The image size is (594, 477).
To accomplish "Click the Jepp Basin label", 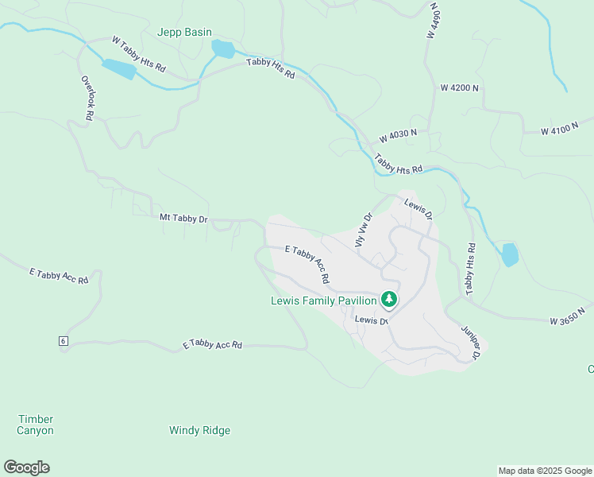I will [x=184, y=33].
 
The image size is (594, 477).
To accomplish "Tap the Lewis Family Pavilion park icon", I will [x=388, y=300].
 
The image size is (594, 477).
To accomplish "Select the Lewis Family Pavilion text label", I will [x=323, y=301].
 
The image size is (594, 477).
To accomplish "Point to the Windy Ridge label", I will [x=199, y=430].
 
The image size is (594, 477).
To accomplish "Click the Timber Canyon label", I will [x=35, y=425].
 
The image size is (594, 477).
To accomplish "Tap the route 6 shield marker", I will [x=62, y=341].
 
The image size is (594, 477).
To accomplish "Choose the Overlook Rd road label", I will [x=87, y=98].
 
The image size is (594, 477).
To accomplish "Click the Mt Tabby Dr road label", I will [x=183, y=217].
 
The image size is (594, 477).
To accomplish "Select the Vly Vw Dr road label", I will [x=363, y=229].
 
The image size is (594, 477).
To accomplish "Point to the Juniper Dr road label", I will [x=469, y=342].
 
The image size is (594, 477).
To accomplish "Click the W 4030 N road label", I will [x=398, y=134].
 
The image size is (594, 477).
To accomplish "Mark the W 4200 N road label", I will [x=460, y=87].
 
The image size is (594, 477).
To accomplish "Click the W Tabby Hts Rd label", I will [x=138, y=54].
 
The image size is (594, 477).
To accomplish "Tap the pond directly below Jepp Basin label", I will [x=223, y=49].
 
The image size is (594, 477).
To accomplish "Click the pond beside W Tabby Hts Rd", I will [x=118, y=69].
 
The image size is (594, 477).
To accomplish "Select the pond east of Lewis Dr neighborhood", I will [x=510, y=254].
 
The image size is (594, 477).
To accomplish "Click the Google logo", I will [x=26, y=467].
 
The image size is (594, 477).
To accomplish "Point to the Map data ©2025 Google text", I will [x=545, y=471].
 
